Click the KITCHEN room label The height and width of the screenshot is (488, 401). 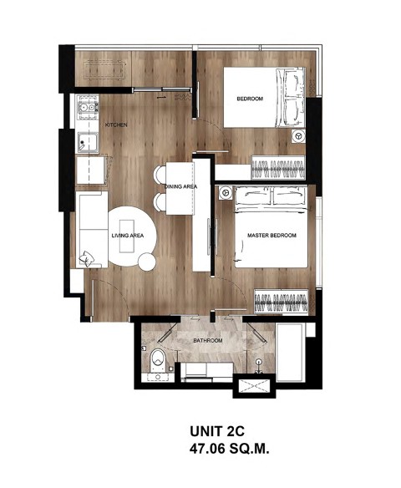[x=116, y=125]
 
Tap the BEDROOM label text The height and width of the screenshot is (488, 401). [x=250, y=99]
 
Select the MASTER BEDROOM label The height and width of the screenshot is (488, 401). [x=272, y=236]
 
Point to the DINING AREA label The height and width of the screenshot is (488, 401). [x=180, y=186]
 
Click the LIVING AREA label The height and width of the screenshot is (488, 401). [x=128, y=236]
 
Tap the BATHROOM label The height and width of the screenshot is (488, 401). [x=208, y=340]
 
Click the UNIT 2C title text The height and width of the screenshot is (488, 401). [x=217, y=431]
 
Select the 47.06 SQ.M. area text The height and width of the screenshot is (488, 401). [x=229, y=449]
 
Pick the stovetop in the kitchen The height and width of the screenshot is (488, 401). [x=88, y=107]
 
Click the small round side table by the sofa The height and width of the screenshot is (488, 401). [x=147, y=262]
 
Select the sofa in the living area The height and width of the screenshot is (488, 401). [x=92, y=229]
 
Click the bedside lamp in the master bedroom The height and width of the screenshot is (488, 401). [x=226, y=193]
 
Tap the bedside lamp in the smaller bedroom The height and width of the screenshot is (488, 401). [x=298, y=136]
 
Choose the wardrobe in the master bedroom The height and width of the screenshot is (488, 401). [x=282, y=302]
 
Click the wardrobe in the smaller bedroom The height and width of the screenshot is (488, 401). [x=278, y=167]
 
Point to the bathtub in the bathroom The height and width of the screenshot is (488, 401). [x=289, y=352]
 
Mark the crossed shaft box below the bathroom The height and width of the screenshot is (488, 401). [x=255, y=386]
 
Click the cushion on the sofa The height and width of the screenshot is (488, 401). [x=86, y=259]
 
